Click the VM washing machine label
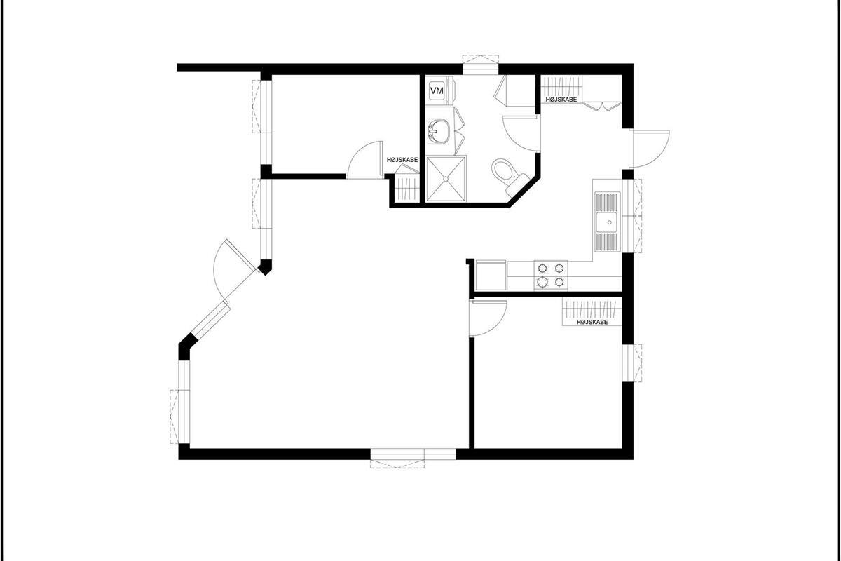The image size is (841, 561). click(437, 90)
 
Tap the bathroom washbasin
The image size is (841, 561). click(437, 131)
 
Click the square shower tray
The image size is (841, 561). click(446, 179)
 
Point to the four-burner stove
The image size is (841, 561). click(551, 275)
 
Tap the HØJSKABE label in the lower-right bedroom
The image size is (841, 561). click(592, 322)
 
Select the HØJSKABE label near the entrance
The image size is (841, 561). click(561, 100)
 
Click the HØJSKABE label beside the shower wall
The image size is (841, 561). click(402, 160)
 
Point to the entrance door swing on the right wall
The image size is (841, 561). click(650, 149)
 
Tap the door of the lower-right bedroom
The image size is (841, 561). click(488, 318)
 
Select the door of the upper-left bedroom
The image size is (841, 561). click(364, 159)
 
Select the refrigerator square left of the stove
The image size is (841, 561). click(490, 275)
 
